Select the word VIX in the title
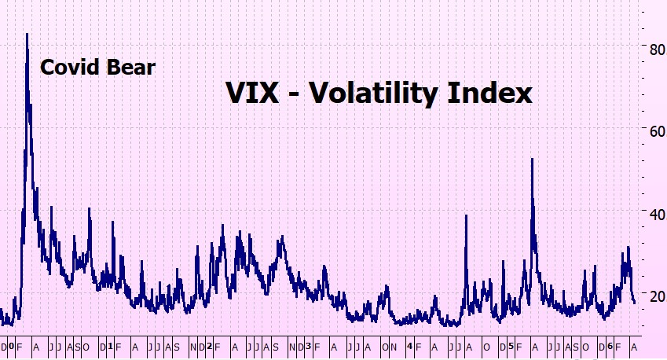(x=251, y=94)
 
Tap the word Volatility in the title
(x=375, y=94)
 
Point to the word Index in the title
(x=492, y=94)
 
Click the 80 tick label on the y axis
(x=649, y=48)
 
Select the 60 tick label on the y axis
(x=649, y=130)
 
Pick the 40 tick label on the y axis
(x=649, y=213)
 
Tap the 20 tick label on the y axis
(x=649, y=296)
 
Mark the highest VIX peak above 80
(x=27, y=34)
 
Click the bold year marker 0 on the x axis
(x=11, y=347)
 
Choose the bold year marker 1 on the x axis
(x=109, y=347)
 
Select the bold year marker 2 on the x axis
(x=209, y=347)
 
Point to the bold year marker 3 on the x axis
(x=308, y=347)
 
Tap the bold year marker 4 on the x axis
(x=409, y=347)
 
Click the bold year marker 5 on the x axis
(x=511, y=347)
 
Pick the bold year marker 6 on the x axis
(x=610, y=347)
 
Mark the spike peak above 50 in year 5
(x=532, y=159)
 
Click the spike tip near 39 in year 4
(x=466, y=215)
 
